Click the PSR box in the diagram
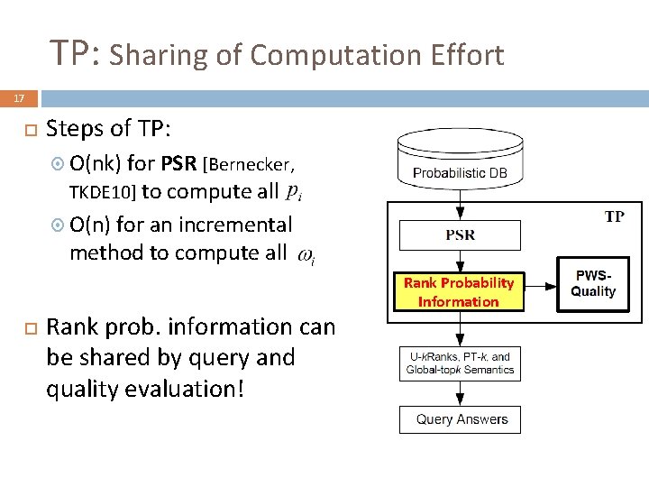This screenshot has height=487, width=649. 460,236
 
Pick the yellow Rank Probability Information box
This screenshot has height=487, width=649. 459,292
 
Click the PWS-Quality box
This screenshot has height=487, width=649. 593,284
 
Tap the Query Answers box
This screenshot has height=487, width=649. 461,419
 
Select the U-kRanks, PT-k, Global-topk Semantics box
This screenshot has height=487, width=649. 460,363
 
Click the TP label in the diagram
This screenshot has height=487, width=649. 614,216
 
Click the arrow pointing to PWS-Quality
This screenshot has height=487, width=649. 539,286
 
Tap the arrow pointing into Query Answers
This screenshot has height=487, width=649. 460,394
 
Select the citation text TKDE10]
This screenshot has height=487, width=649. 102,192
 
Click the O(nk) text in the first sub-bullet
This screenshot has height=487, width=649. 95,164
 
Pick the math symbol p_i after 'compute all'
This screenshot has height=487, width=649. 294,191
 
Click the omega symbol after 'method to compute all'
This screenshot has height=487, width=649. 306,256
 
